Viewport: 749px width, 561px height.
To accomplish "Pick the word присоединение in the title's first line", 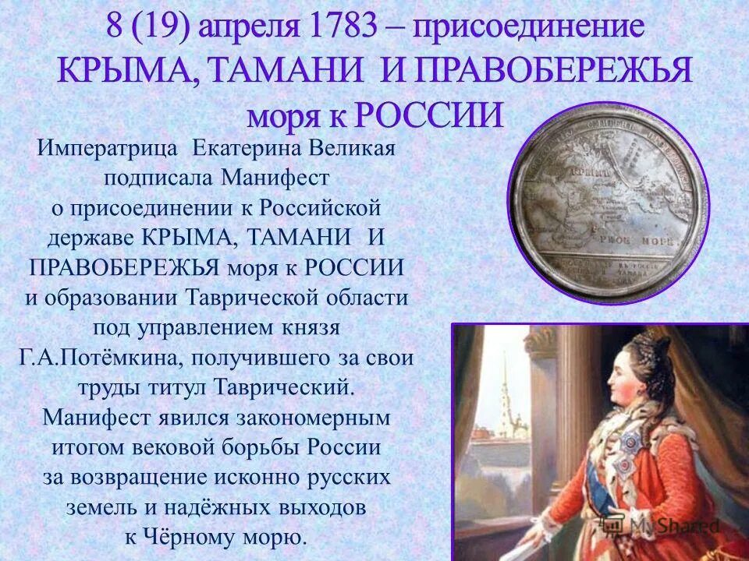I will coord(528,28).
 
